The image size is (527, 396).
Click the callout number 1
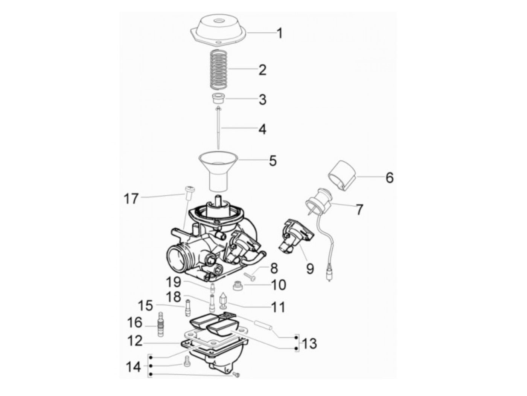279,34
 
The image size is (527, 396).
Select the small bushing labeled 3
218,99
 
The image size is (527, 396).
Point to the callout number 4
262,129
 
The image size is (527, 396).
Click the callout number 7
359,209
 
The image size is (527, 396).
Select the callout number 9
310,268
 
